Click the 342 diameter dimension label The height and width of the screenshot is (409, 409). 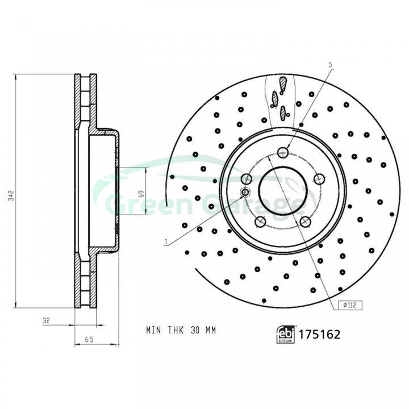click(11, 195)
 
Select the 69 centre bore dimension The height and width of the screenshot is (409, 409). click(141, 194)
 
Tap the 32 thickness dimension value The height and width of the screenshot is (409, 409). click(46, 320)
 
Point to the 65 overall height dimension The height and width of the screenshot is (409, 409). click(89, 340)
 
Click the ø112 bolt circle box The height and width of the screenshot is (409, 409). click(350, 305)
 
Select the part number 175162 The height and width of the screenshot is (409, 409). click(319, 335)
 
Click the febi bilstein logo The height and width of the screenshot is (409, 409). click(286, 334)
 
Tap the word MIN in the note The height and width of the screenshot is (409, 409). click(154, 330)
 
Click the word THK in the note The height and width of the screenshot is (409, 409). click(176, 330)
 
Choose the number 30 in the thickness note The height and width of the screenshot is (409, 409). click(195, 330)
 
